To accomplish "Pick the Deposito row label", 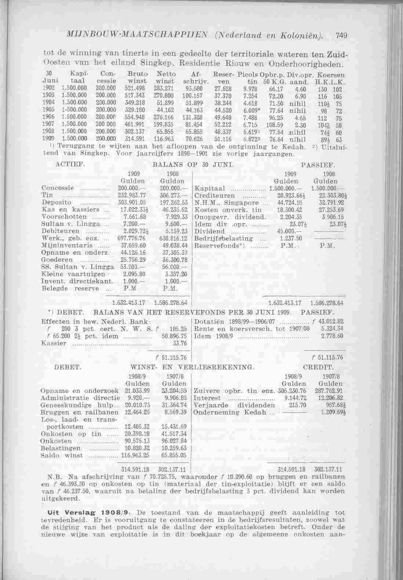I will pos(57,202).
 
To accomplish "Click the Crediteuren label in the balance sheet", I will pos(215,195).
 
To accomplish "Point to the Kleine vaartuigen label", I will pos(64,274).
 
